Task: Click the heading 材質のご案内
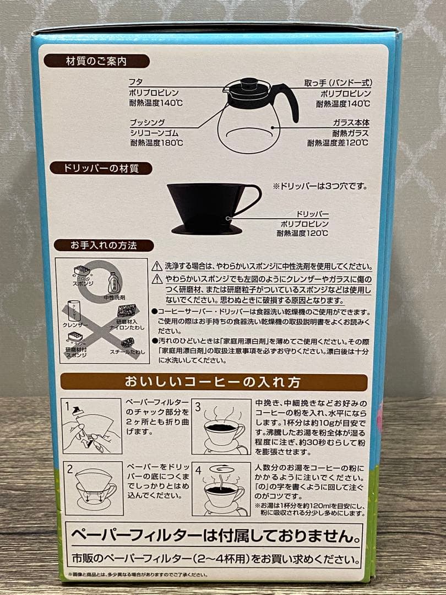pos(96,61)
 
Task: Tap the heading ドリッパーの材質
pos(101,168)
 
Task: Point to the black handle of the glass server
pos(287,99)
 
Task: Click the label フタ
pos(135,82)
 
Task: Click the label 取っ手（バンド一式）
pos(338,82)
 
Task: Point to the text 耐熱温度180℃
pos(156,143)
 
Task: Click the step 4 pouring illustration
pos(221,488)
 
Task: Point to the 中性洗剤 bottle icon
pos(113,284)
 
